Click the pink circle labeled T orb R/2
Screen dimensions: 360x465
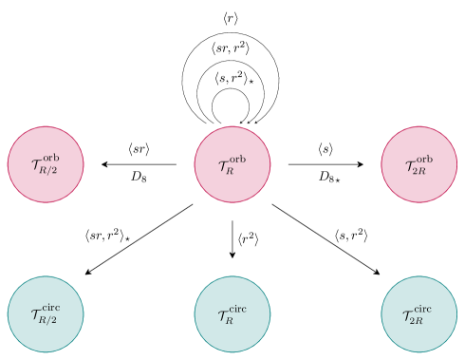[46, 164]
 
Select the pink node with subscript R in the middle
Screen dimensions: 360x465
[232, 164]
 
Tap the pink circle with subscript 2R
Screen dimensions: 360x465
[419, 164]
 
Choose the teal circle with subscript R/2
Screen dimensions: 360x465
[46, 313]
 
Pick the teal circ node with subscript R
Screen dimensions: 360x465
[232, 313]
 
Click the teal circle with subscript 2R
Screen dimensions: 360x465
[419, 313]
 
